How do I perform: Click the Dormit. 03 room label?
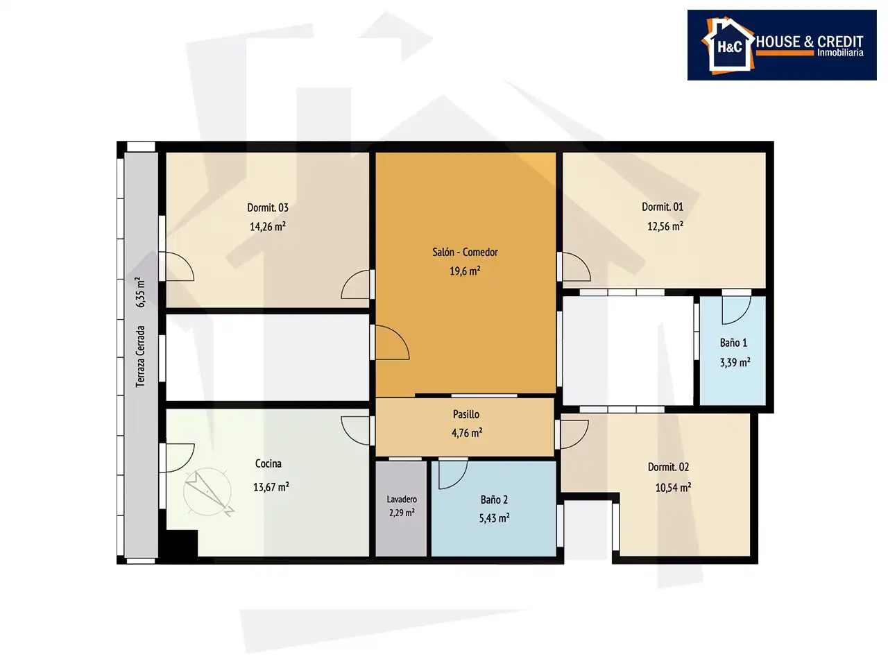point(268,208)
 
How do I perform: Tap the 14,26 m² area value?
point(268,226)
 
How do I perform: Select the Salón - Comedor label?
point(465,253)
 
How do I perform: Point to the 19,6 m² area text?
point(465,271)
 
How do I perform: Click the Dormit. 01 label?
point(663,207)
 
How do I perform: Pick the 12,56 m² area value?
point(665,225)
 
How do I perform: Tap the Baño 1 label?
point(733,343)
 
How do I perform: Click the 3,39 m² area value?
point(735,362)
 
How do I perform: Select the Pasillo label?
point(466,414)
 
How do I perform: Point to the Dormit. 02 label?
point(668,467)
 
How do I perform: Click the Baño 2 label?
point(494,499)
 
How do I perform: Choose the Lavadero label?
point(402,499)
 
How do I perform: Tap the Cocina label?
point(268,463)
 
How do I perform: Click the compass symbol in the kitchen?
point(208,492)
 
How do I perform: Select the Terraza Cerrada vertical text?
point(140,357)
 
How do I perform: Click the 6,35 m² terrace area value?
point(140,292)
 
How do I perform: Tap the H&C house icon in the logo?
point(728,46)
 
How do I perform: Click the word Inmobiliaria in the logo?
point(840,53)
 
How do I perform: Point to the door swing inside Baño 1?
point(736,310)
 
